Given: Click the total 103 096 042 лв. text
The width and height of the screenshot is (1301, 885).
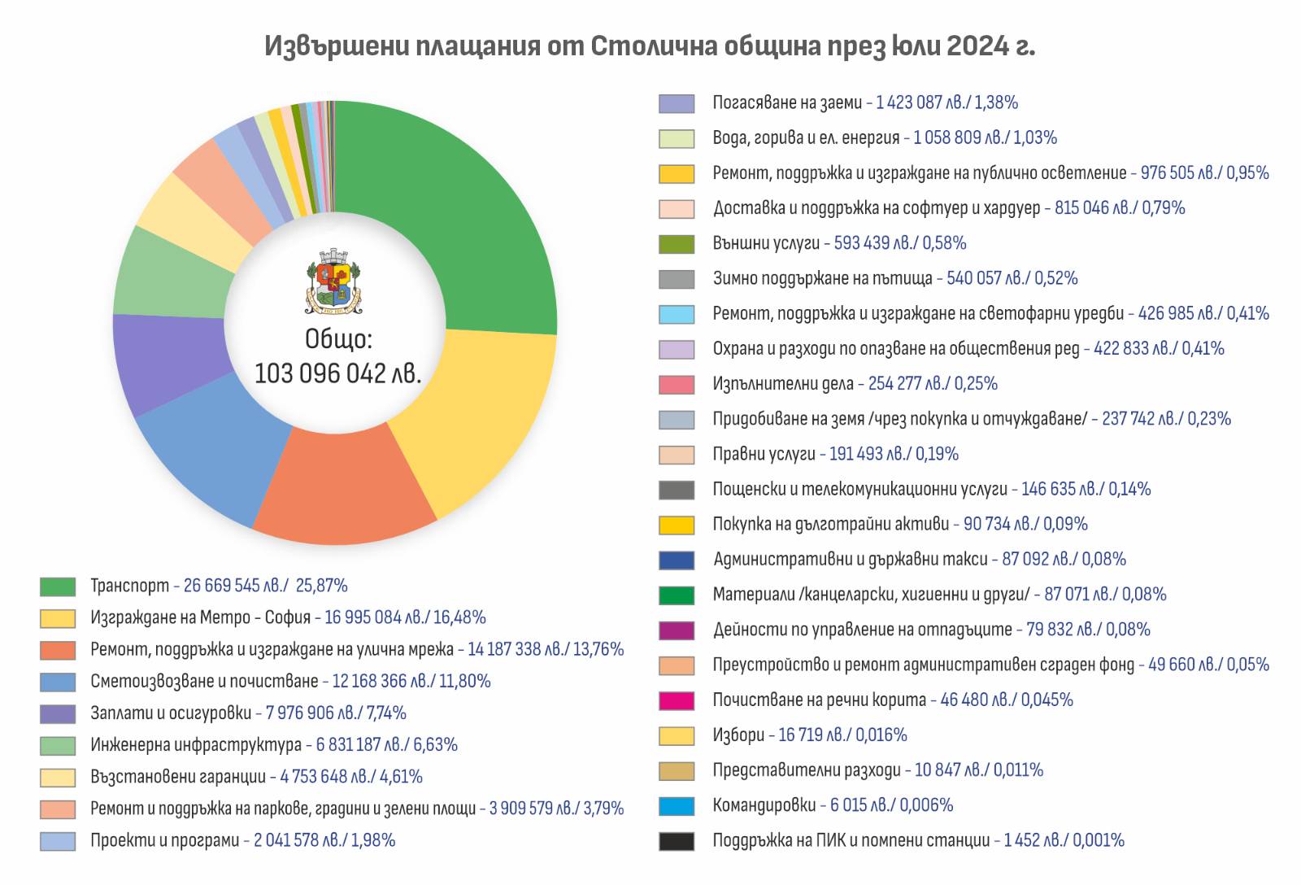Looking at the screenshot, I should [x=338, y=373].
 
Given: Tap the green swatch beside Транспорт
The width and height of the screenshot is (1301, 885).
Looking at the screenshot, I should [x=58, y=586].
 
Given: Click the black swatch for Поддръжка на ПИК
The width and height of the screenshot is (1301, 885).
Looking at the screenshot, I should [x=677, y=841].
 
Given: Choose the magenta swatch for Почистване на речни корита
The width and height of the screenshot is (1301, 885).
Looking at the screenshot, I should [x=677, y=700].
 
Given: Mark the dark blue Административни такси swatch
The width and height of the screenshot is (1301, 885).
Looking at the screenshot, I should [x=677, y=560].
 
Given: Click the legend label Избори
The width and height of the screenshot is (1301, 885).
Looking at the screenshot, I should [x=738, y=735].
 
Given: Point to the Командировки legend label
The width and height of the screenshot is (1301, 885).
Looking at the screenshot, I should [x=764, y=805].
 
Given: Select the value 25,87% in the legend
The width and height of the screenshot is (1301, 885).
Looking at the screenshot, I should [x=321, y=586].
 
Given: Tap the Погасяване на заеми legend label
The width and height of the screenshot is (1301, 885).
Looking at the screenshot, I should [x=786, y=102].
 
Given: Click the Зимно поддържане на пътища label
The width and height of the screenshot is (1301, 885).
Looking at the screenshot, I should [x=822, y=278].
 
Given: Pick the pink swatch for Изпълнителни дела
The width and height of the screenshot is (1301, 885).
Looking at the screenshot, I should [x=677, y=384].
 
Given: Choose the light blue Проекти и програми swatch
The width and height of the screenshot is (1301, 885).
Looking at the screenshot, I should [x=58, y=841].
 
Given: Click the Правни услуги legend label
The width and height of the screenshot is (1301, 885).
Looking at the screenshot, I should [x=764, y=454].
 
